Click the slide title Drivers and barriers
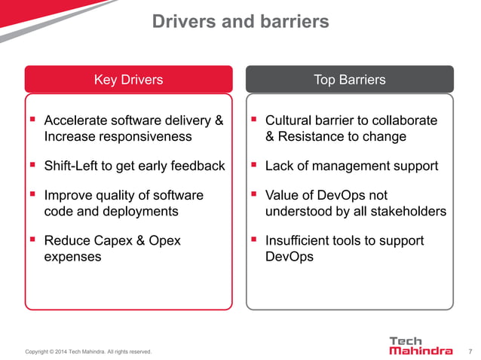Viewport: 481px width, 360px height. click(240, 22)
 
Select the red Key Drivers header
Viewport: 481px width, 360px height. click(127, 79)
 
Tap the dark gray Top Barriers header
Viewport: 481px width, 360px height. click(350, 79)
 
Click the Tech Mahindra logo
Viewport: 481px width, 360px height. click(420, 346)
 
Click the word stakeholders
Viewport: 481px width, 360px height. click(408, 212)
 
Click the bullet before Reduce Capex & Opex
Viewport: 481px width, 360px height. click(32, 239)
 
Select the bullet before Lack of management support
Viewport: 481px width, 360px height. click(254, 164)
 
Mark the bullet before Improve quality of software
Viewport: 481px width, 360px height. click(32, 194)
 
